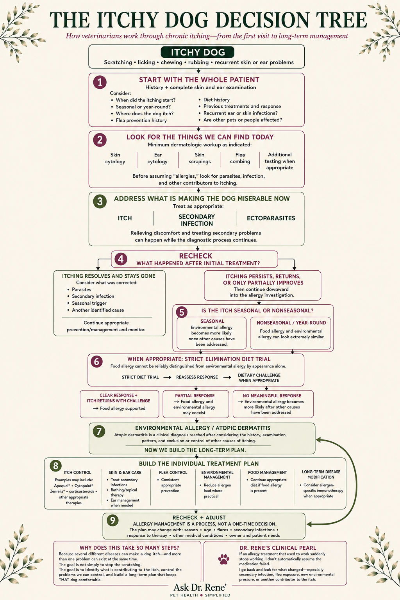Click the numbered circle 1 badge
[x=100, y=82]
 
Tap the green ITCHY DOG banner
[x=197, y=52]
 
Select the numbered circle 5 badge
[x=182, y=312]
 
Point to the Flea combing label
[x=240, y=158]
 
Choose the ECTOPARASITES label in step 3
[x=271, y=218]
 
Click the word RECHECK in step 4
[x=196, y=256]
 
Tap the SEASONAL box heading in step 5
[x=212, y=321]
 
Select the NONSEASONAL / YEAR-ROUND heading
[x=291, y=323]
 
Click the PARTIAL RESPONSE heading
[x=195, y=396]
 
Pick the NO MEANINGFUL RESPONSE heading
[x=272, y=396]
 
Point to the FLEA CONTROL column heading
[x=173, y=473]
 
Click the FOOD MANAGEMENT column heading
[x=267, y=473]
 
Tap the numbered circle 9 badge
[x=112, y=520]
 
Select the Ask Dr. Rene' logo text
[x=200, y=587]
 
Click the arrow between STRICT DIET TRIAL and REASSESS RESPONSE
[x=168, y=377]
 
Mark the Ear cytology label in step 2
[x=157, y=158]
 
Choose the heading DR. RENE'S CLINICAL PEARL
[x=278, y=548]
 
